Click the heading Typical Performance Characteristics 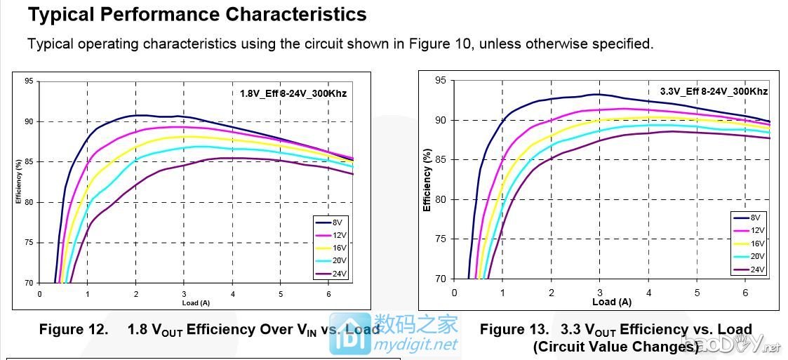197,14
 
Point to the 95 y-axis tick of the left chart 29,81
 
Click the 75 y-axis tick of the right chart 440,239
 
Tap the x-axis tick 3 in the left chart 184,293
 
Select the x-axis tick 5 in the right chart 697,292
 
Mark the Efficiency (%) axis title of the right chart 427,180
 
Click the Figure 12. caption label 72,329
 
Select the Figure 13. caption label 513,329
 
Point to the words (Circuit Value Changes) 615,347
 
